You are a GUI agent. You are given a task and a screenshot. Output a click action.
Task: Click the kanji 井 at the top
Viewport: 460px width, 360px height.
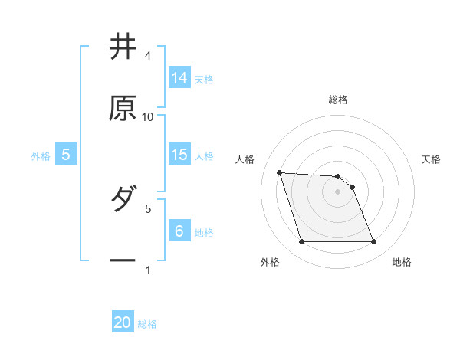click(123, 47)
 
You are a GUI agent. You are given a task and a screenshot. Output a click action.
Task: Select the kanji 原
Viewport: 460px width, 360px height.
click(123, 109)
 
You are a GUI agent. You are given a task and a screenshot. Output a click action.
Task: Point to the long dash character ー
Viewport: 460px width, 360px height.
click(123, 261)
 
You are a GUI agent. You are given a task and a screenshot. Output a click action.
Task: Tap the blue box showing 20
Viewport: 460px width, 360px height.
click(123, 322)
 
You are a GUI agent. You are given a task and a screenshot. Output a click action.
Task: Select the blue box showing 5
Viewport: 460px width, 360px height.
click(66, 155)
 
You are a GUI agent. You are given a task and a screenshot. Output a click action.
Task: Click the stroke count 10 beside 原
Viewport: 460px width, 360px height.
click(148, 117)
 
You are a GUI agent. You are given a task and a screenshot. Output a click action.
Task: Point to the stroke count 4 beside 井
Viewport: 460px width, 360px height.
click(148, 56)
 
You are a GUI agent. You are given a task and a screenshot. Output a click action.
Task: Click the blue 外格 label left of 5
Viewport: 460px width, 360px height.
click(41, 156)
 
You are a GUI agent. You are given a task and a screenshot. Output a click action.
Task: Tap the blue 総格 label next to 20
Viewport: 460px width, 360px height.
click(147, 324)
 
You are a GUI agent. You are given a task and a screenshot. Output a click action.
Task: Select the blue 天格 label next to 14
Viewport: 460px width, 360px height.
click(204, 80)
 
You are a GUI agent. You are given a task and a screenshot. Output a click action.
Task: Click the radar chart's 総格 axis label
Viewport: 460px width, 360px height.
click(338, 100)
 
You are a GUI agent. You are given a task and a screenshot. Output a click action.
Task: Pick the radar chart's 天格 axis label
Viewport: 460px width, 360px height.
click(432, 159)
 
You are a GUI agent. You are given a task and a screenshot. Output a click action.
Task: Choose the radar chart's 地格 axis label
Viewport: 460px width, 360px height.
click(402, 262)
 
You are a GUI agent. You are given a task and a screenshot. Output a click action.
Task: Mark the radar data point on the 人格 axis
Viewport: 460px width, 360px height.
click(280, 172)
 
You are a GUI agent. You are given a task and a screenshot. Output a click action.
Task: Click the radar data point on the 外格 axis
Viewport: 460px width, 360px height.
click(301, 242)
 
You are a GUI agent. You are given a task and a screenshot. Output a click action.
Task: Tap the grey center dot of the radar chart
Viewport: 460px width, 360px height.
click(338, 191)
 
